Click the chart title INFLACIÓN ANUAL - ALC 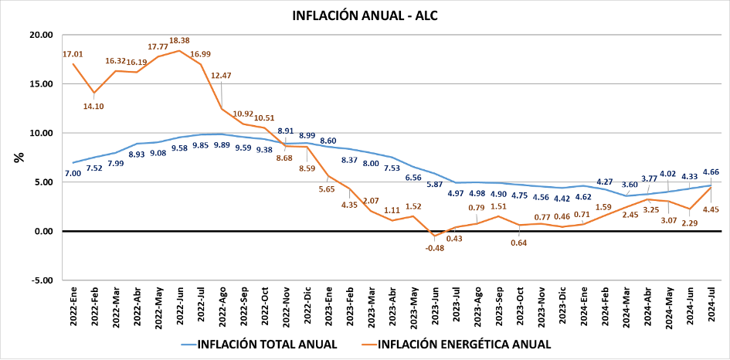pyautogui.click(x=365, y=15)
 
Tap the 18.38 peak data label pyautogui.click(x=179, y=39)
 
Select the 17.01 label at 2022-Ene pyautogui.click(x=73, y=54)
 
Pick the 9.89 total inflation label pyautogui.click(x=222, y=145)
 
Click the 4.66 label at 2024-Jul pyautogui.click(x=711, y=172)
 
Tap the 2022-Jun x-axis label pyautogui.click(x=179, y=307)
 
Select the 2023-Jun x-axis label pyautogui.click(x=435, y=307)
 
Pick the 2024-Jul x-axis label pyautogui.click(x=711, y=307)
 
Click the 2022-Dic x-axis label pyautogui.click(x=307, y=307)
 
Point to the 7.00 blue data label pyautogui.click(x=73, y=174)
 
